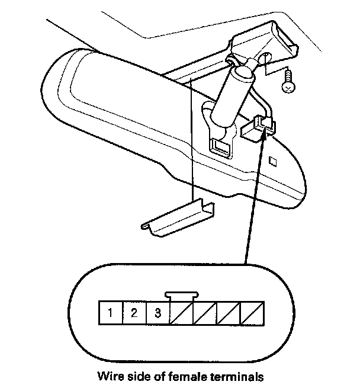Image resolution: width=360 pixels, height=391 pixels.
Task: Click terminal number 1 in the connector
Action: click(x=111, y=313)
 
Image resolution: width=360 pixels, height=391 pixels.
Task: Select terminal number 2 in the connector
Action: click(x=134, y=313)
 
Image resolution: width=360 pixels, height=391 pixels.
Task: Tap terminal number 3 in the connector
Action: click(x=158, y=313)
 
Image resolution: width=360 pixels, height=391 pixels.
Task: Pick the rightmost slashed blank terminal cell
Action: click(x=252, y=313)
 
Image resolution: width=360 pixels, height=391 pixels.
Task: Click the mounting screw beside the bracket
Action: click(x=288, y=81)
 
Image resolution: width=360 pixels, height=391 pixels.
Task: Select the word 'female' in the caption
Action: click(x=185, y=376)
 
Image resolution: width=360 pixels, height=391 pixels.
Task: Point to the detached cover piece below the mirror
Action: click(x=178, y=217)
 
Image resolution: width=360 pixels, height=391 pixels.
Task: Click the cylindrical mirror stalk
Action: click(x=232, y=97)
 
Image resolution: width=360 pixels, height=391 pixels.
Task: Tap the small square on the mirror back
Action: click(x=273, y=161)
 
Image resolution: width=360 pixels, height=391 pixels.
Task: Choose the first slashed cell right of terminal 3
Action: click(x=182, y=313)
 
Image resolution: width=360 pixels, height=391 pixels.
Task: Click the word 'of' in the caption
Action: click(x=157, y=376)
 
